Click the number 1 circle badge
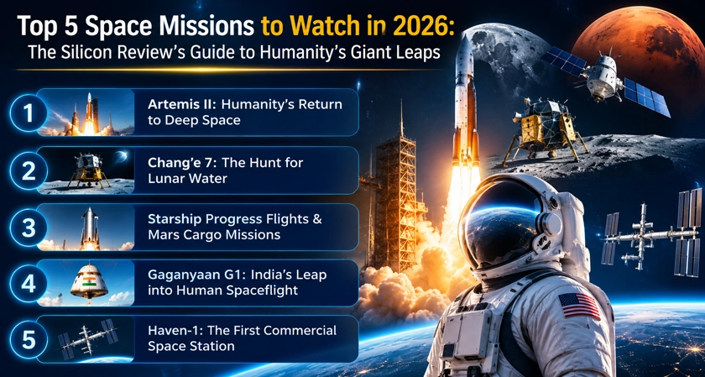click(29, 113)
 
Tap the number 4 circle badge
click(29, 285)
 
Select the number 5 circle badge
click(29, 340)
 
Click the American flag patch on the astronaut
click(579, 306)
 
